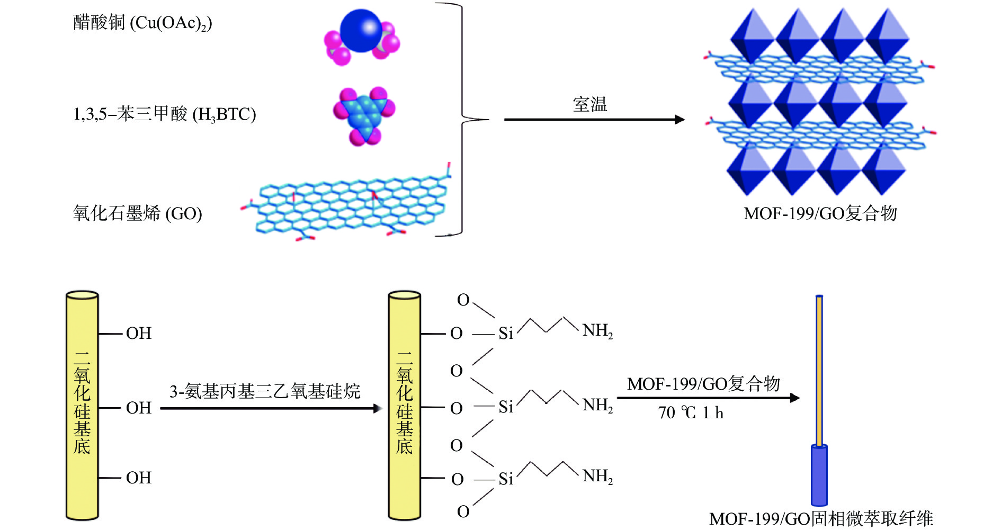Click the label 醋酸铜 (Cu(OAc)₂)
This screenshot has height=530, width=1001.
pos(142,23)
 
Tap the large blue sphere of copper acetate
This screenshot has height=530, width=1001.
pos(361,31)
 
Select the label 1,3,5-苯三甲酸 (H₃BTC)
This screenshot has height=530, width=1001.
pos(164,114)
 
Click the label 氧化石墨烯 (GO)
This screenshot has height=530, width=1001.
pos(137,213)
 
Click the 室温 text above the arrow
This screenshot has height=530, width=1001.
pos(589,104)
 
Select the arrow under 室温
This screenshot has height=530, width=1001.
pos(593,120)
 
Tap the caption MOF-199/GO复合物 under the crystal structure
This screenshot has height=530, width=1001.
pos(820,213)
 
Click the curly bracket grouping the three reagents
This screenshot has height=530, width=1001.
pos(462,119)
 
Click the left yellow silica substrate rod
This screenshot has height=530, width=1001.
pos(82,405)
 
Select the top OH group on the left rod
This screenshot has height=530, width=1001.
pos(139,334)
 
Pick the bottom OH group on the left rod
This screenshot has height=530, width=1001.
pos(139,478)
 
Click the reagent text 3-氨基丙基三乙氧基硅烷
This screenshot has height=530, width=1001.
pos(265,392)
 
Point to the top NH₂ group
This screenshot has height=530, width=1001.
pos(597,331)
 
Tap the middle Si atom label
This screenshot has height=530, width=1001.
pos(506,407)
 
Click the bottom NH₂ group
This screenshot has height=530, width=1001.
pos(597,477)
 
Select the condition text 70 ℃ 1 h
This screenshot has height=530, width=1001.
pos(691,413)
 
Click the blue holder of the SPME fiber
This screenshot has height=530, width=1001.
pos(819,475)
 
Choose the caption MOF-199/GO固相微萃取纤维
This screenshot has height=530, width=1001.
pos(821,519)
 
